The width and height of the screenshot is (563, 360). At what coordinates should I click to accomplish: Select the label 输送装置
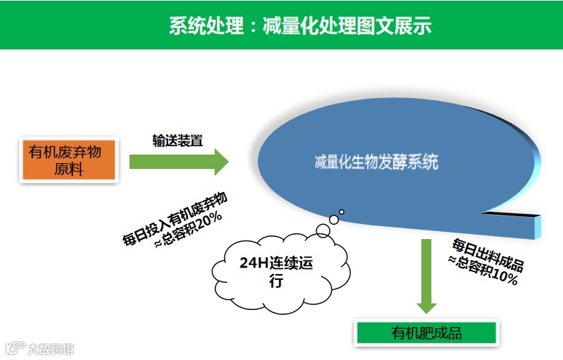pyautogui.click(x=177, y=140)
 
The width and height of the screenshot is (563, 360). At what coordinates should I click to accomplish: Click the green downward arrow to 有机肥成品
pyautogui.click(x=427, y=276)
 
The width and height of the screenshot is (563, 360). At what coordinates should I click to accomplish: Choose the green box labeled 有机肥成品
pyautogui.click(x=426, y=333)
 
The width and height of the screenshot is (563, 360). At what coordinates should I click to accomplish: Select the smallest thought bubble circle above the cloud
pyautogui.click(x=341, y=212)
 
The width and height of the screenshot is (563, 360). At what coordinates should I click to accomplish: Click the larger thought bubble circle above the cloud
pyautogui.click(x=323, y=228)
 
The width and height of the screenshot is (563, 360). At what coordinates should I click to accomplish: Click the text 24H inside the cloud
pyautogui.click(x=253, y=264)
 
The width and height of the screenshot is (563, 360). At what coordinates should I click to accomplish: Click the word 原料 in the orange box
pyautogui.click(x=69, y=170)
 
